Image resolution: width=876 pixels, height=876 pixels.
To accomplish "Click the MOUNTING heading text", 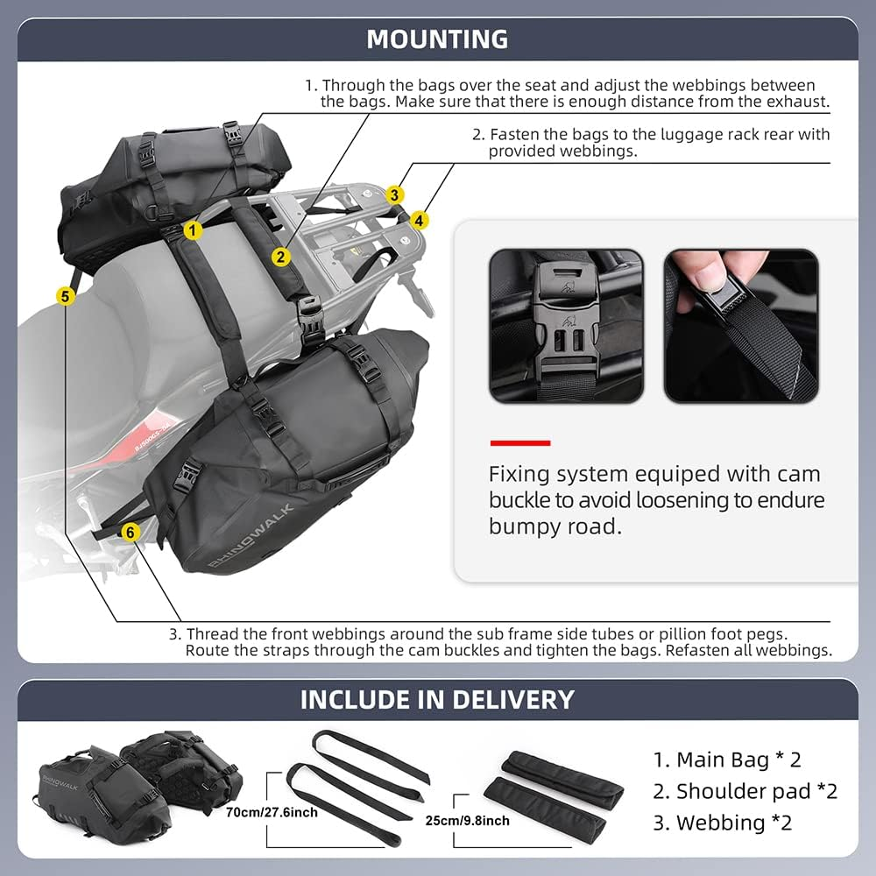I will [x=437, y=39].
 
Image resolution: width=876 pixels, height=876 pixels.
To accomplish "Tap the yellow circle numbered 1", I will [x=194, y=230].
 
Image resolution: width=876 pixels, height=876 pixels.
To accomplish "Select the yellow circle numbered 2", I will [x=280, y=257].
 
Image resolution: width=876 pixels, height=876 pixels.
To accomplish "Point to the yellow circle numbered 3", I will [x=396, y=194].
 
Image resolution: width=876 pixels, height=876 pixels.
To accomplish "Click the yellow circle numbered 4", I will [x=420, y=220].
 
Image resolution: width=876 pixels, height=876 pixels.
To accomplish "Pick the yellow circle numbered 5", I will [x=65, y=296].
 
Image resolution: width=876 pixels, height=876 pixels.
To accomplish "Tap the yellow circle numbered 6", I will [x=130, y=532].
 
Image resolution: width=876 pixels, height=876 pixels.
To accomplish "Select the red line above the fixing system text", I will [x=519, y=443].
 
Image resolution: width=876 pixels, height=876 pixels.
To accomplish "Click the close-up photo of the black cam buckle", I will [x=565, y=326].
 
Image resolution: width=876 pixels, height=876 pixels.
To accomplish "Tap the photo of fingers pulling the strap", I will [x=740, y=326].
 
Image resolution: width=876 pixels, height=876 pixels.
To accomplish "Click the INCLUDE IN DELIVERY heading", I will [x=437, y=700].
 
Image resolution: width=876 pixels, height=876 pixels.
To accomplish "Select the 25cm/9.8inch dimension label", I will [x=466, y=821].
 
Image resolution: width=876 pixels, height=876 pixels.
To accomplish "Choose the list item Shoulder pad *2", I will [x=745, y=791].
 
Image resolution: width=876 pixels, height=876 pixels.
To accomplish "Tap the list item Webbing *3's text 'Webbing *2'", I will [x=723, y=823].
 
